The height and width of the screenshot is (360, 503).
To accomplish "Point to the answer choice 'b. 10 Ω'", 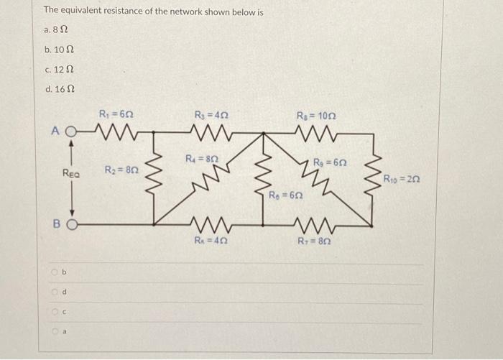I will (x=58, y=50).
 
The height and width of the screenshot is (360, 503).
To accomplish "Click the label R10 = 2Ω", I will (x=402, y=178).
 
